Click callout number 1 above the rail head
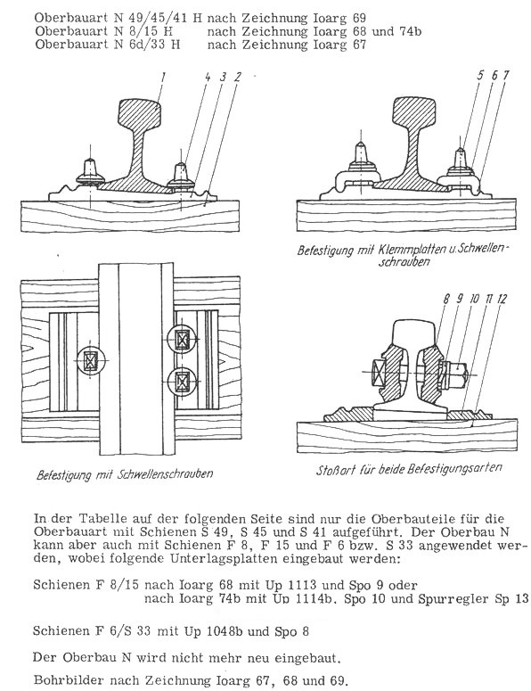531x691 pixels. tap(163, 78)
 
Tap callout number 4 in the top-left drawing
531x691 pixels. tap(208, 78)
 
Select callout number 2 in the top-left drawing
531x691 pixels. tap(238, 78)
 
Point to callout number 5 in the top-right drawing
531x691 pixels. tap(480, 76)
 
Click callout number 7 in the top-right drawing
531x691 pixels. tap(505, 76)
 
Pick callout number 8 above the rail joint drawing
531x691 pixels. tap(446, 299)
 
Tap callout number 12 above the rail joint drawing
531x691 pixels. tap(502, 299)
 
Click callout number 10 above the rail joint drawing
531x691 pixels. tap(474, 299)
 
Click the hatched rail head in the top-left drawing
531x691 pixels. tap(139, 114)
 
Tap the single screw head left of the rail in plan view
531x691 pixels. tap(91, 360)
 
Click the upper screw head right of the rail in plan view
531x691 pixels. tap(182, 340)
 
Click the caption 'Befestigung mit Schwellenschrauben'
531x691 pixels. tap(125, 474)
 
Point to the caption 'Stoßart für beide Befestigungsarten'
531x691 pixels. tap(409, 469)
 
